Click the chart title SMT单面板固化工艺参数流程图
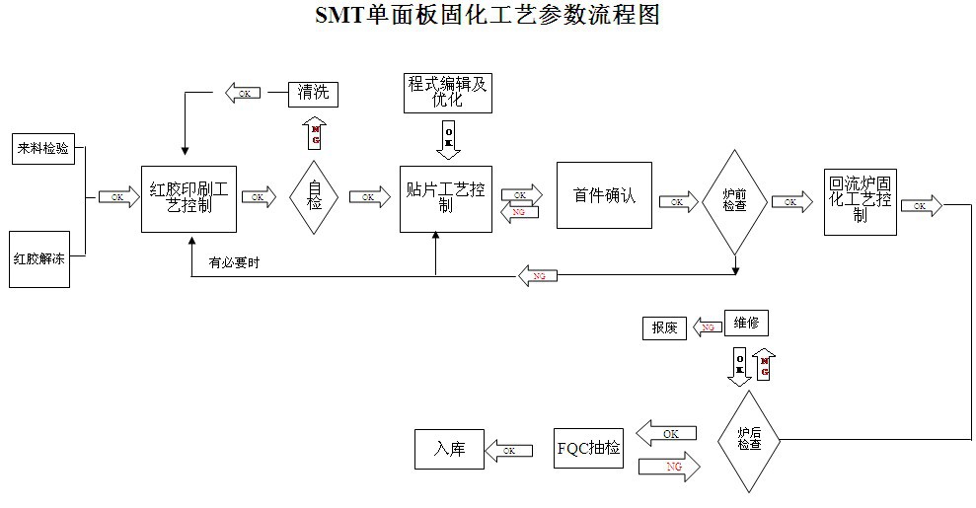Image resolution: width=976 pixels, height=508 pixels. tap(487, 15)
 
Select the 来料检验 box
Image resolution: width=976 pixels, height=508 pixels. tap(43, 149)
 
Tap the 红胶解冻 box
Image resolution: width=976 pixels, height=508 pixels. tap(39, 259)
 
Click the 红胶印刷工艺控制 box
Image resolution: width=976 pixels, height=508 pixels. tap(188, 198)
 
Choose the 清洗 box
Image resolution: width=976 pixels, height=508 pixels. tap(314, 94)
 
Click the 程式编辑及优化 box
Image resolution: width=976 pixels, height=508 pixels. tap(448, 92)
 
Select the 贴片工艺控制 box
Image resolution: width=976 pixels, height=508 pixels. tap(445, 198)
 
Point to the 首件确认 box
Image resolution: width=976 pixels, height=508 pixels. tap(604, 195)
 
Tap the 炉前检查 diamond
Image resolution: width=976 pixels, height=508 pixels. tap(734, 201)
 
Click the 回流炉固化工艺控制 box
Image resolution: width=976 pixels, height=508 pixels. tap(861, 200)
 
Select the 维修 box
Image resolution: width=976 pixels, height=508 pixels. tap(746, 323)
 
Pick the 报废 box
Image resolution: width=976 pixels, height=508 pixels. tap(663, 327)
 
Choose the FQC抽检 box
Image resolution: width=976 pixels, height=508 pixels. tap(589, 449)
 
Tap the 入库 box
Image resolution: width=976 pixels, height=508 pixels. tap(448, 449)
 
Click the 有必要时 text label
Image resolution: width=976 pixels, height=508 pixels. tap(234, 262)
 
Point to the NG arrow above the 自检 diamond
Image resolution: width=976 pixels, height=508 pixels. tap(315, 133)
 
